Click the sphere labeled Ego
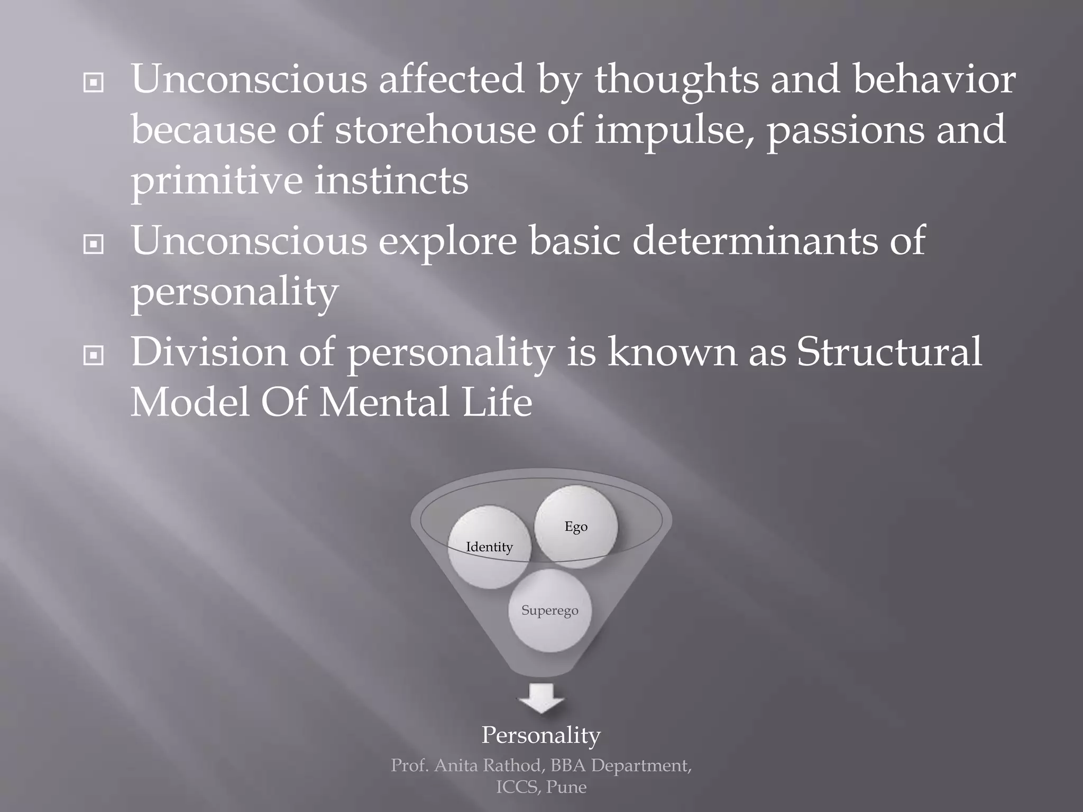(576, 527)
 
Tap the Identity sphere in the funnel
(489, 547)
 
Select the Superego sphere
(549, 611)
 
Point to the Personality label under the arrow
(541, 735)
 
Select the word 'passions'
(846, 131)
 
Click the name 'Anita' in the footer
(457, 765)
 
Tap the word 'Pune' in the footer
(566, 787)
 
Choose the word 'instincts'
(391, 181)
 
